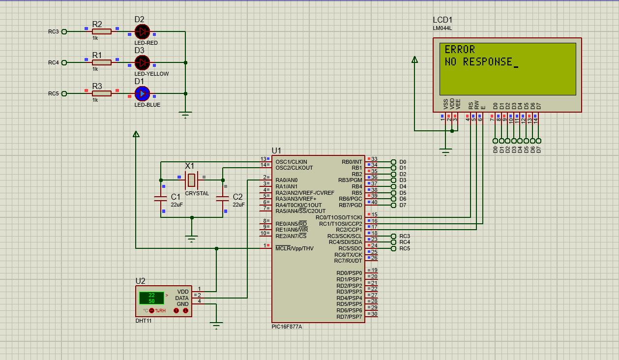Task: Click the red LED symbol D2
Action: click(x=142, y=31)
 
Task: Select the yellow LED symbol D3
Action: click(x=142, y=62)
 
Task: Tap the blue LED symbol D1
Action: click(x=142, y=93)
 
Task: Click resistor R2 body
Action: click(x=102, y=31)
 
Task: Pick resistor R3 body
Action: click(x=102, y=93)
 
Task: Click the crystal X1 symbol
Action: click(x=192, y=180)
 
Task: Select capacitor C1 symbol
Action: click(x=161, y=198)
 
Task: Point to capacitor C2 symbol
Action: click(x=223, y=198)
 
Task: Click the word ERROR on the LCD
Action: click(x=460, y=50)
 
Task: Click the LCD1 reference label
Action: click(x=442, y=20)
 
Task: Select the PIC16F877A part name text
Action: click(x=287, y=327)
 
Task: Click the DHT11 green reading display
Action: click(x=151, y=298)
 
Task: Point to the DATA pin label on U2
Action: click(x=182, y=298)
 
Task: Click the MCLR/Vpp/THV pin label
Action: click(x=295, y=248)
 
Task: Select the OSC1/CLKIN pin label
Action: click(x=291, y=162)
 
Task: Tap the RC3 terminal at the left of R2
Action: click(x=64, y=31)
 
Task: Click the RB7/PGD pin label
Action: click(x=350, y=205)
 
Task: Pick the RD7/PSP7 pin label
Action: click(x=349, y=317)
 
